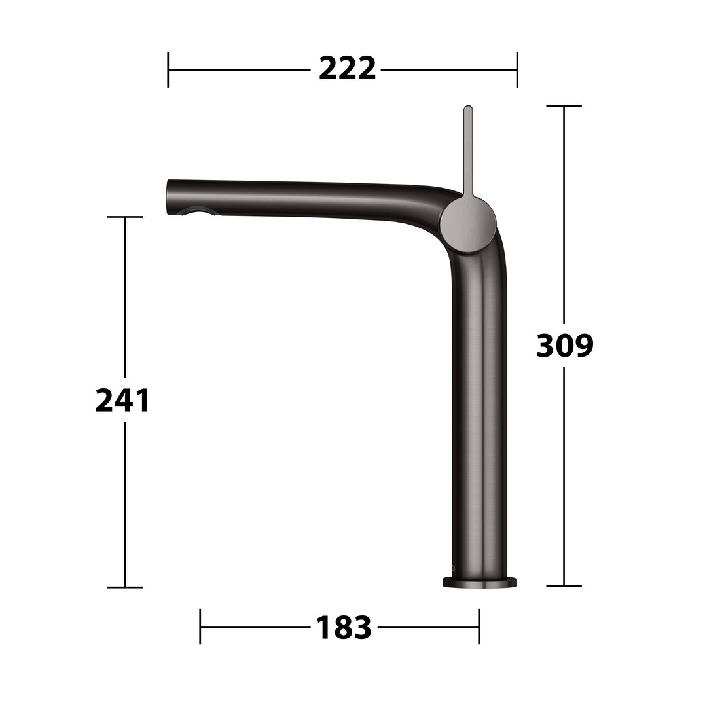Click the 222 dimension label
[347, 69]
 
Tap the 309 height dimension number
[565, 346]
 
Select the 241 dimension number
[122, 401]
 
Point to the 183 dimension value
[344, 627]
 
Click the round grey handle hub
[469, 224]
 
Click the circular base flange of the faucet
[480, 581]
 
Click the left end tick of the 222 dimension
[168, 70]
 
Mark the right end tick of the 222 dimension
[517, 70]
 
